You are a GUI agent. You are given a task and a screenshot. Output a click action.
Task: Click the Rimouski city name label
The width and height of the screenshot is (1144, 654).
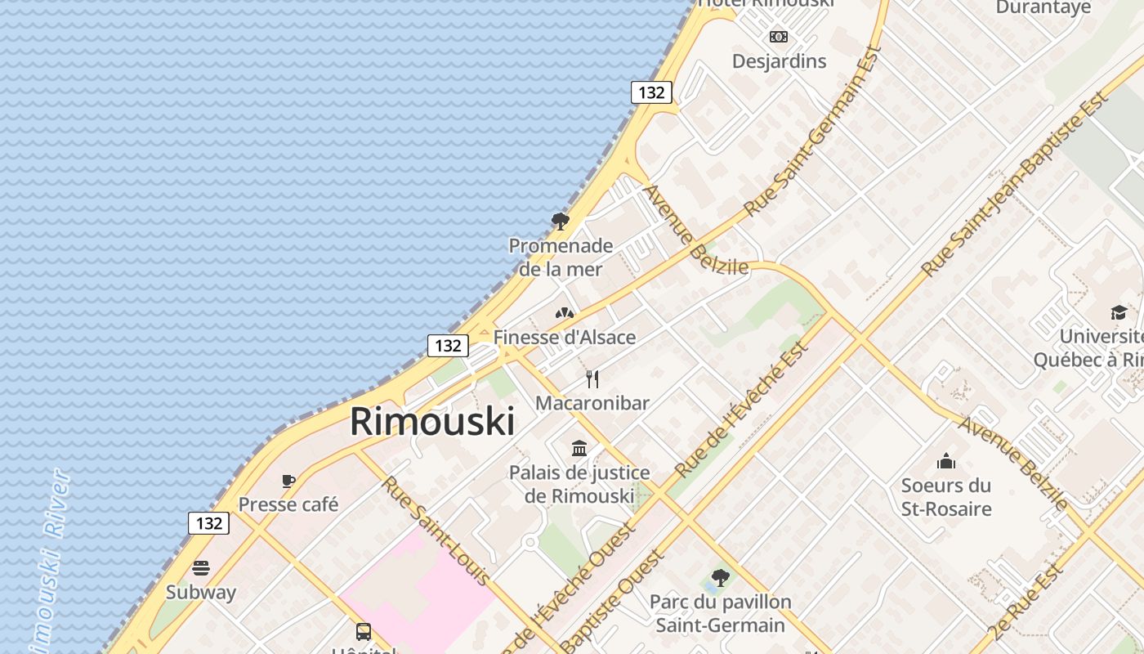[432, 422]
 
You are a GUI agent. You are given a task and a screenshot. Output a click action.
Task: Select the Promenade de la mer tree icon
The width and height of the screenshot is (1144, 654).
[561, 221]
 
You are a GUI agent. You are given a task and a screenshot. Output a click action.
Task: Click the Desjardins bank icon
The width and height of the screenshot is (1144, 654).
[779, 36]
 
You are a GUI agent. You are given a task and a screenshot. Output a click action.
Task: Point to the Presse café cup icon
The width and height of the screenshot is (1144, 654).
[288, 481]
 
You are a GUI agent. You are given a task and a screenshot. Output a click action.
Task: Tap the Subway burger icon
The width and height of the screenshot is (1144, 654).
[201, 568]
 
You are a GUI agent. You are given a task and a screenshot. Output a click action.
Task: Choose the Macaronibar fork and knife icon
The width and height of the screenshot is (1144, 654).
[592, 379]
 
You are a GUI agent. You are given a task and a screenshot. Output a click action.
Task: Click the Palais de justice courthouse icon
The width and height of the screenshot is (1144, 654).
[580, 448]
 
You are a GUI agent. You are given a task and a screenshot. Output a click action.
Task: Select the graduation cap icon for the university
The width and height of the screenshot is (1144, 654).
[1119, 312]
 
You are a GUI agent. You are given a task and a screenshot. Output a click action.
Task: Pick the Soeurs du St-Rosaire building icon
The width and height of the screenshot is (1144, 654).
[946, 462]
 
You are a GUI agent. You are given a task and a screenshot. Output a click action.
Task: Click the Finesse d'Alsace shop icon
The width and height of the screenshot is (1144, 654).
[564, 313]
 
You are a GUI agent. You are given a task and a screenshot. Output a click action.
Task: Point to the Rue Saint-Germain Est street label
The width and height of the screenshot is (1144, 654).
[813, 131]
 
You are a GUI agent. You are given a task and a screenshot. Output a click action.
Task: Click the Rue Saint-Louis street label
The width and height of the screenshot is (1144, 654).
[436, 531]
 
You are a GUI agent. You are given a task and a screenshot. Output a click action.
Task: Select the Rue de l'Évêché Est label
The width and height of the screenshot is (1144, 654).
[741, 409]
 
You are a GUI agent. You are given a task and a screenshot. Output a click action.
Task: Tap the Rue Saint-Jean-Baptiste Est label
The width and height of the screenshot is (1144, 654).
[1015, 184]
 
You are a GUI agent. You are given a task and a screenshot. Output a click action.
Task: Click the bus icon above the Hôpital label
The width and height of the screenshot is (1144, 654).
[364, 631]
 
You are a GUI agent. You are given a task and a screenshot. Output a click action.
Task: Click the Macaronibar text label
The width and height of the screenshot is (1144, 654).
[592, 403]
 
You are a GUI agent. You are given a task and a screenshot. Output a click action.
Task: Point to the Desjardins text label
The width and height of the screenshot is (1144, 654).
[779, 61]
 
